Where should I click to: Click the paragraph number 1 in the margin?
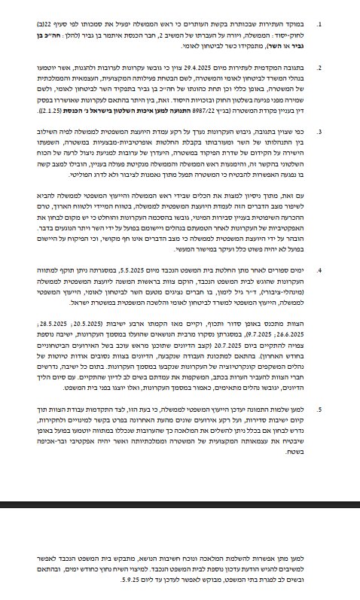click(x=319, y=24)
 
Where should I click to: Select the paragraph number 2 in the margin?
click(x=319, y=66)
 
